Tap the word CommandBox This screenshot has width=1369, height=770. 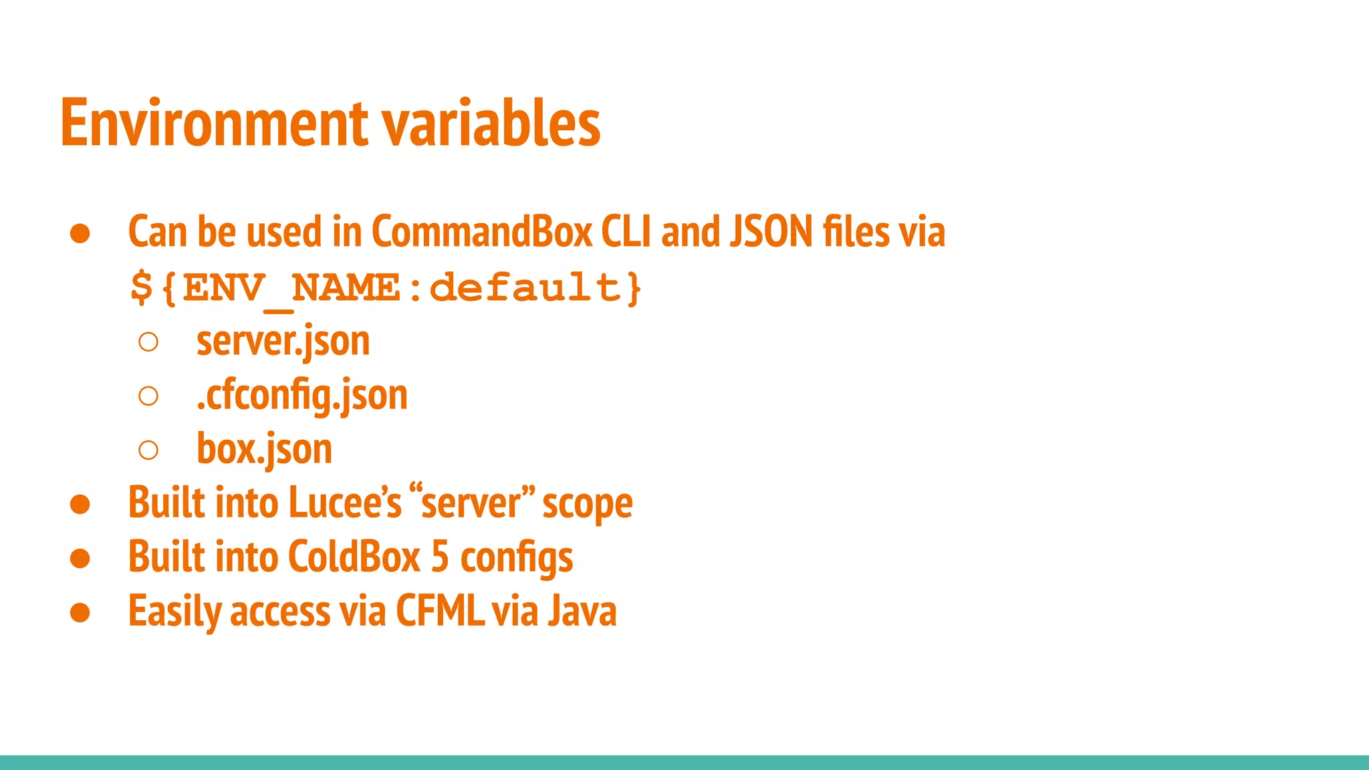482,232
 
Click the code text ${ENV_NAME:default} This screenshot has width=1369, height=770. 386,288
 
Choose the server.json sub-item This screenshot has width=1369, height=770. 283,342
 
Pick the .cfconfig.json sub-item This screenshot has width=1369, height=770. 301,395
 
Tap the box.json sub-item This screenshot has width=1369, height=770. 264,449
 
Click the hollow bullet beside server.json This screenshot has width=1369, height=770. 148,342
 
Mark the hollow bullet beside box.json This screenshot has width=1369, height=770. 148,450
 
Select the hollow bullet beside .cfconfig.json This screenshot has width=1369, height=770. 148,396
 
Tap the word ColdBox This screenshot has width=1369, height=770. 354,557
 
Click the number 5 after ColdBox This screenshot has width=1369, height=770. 440,557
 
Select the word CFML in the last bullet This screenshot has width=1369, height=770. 440,611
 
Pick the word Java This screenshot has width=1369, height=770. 582,611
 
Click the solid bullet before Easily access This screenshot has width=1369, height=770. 80,612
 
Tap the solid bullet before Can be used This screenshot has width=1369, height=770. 80,233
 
